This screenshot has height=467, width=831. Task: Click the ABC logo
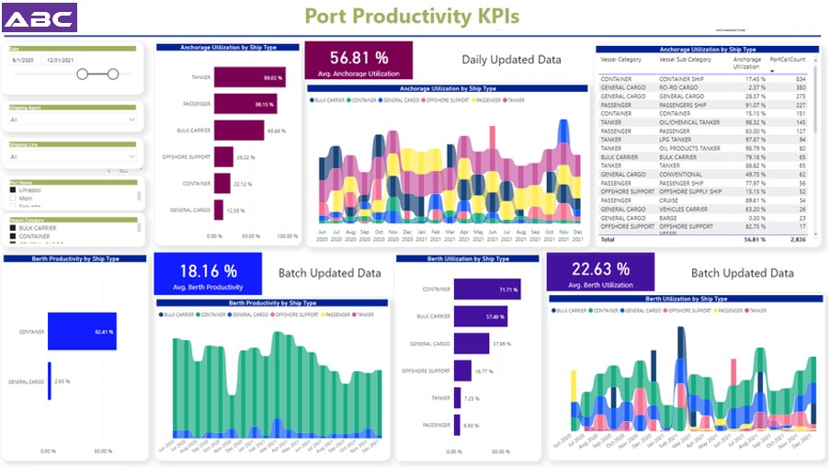point(40,17)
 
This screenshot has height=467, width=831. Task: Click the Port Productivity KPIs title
point(411,17)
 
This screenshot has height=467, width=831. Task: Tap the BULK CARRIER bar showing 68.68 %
point(239,131)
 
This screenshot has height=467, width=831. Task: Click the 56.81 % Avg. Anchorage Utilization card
point(359,61)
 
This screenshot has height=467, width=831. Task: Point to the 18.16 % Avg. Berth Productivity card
point(208,275)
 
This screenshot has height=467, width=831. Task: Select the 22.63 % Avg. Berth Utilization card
point(600,273)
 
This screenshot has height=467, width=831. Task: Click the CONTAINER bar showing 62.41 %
point(82,331)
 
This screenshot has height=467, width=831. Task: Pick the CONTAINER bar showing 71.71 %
point(485,290)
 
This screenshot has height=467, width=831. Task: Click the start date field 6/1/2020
point(24,59)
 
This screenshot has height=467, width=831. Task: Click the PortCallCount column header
point(787,60)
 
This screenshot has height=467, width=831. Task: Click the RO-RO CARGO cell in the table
point(680,87)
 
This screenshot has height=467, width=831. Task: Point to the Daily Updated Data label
point(511,60)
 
